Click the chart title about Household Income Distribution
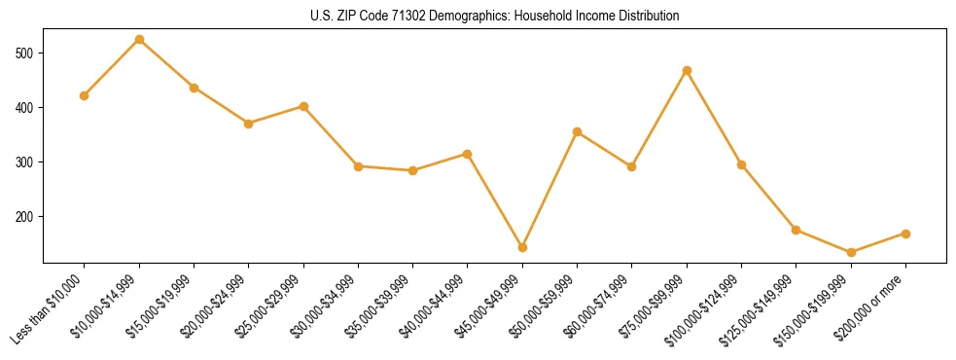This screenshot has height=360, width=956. coord(478,17)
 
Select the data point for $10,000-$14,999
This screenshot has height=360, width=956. coord(139,40)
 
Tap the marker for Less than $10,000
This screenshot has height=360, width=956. coord(85,95)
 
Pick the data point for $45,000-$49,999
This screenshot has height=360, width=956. coord(522,247)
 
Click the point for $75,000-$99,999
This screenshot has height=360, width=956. coord(687,70)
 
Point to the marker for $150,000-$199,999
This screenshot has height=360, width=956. coord(851,252)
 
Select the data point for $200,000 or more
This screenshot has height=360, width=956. coord(905,234)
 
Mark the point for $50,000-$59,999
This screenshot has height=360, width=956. coord(578,131)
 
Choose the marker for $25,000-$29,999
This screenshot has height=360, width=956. coord(303,106)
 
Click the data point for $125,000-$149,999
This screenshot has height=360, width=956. coord(797,231)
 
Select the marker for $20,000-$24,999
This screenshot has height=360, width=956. coord(249,124)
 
